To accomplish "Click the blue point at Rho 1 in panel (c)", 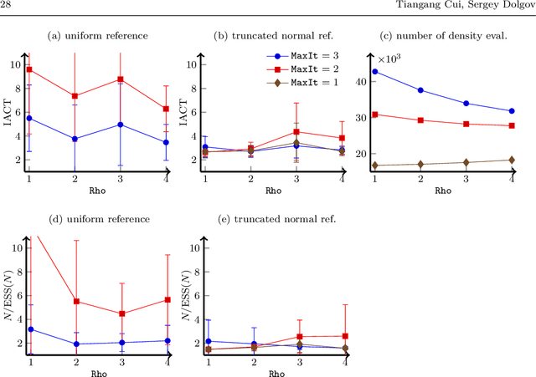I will coord(374,72).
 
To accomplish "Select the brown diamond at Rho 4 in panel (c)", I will coord(512,160).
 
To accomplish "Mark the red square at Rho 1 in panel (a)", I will coord(29,69).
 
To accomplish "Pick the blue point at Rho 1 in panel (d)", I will coord(30,329).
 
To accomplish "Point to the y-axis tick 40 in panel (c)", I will coord(362,81).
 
